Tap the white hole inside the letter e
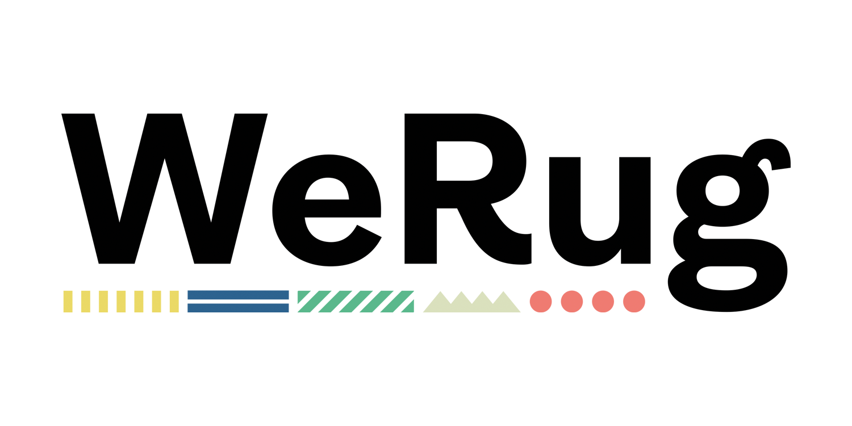pos(327,189)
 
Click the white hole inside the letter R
pos(465,161)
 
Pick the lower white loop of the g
pos(726,278)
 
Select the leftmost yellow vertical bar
pos(68,302)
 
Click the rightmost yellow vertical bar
pos(174,302)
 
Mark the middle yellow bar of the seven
pos(121,302)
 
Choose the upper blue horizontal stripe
pos(238,295)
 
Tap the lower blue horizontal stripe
pos(238,308)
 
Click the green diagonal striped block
pos(356,302)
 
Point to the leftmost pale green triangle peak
pos(440,302)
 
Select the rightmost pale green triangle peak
pos(504,302)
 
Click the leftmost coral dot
pos(541,302)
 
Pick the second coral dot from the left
pos(572,302)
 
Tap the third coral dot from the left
pos(603,302)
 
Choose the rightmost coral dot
pos(634,302)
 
